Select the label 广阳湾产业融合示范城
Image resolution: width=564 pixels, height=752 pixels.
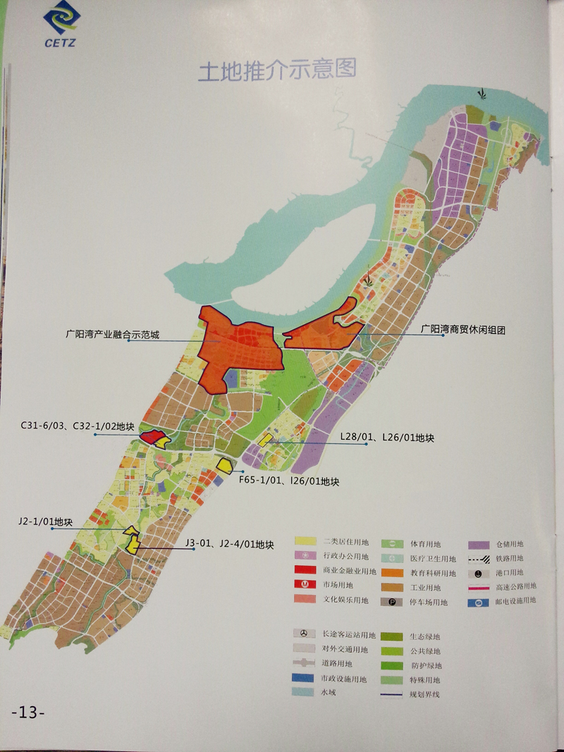point(113,336)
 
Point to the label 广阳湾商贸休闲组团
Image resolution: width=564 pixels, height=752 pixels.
point(464,328)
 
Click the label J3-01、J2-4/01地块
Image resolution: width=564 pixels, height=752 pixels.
point(229,544)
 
